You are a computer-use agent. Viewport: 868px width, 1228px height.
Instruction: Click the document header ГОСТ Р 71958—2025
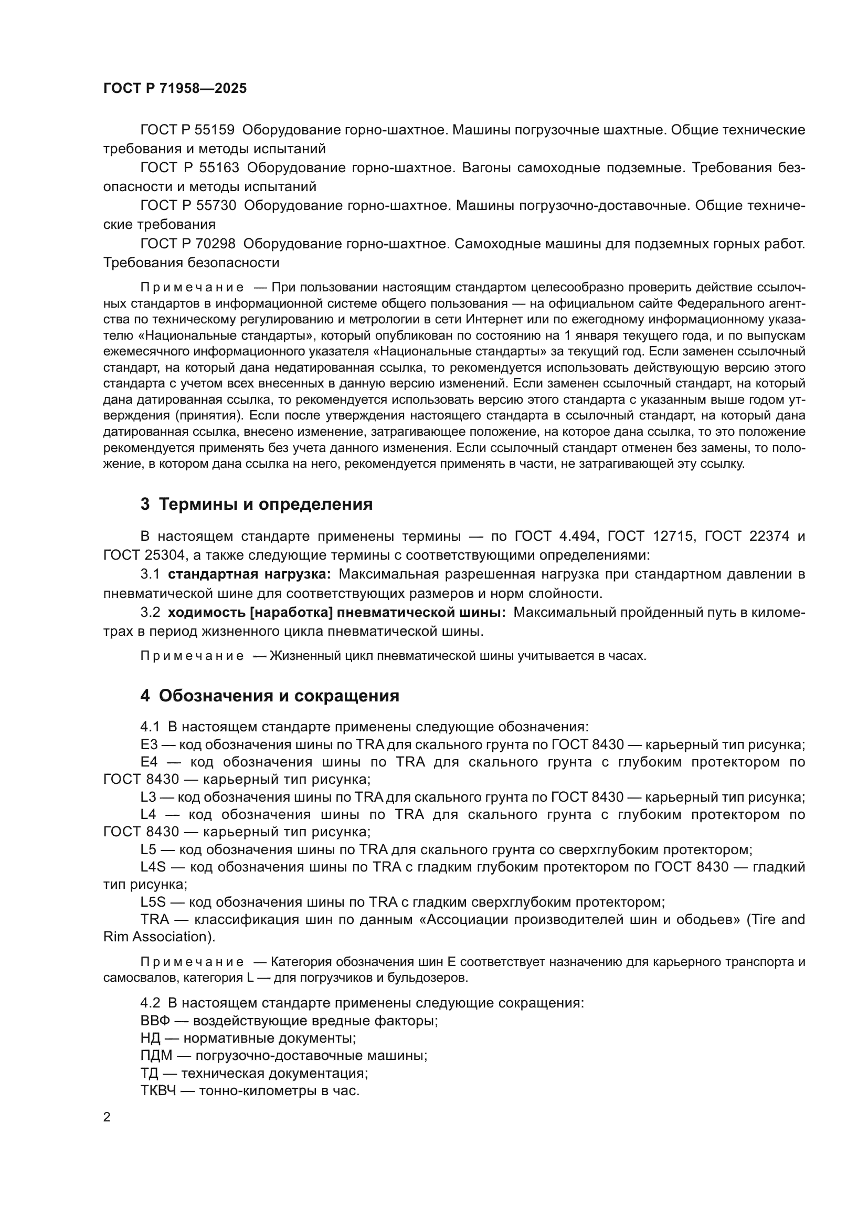pyautogui.click(x=175, y=88)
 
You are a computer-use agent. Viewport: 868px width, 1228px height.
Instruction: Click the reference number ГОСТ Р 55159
pyautogui.click(x=187, y=130)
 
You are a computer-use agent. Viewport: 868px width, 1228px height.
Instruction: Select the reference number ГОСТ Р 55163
pyautogui.click(x=189, y=168)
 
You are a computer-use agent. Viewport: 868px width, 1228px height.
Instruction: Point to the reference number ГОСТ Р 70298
pyautogui.click(x=187, y=244)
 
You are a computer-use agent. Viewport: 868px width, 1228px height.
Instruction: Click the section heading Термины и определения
pyautogui.click(x=266, y=504)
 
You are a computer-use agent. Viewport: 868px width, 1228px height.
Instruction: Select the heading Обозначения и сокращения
pyautogui.click(x=279, y=696)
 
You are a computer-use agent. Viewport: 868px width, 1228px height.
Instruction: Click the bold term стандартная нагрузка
pyautogui.click(x=249, y=574)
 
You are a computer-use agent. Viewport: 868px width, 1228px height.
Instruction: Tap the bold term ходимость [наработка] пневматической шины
pyautogui.click(x=336, y=612)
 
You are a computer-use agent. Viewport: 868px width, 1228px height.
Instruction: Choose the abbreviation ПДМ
pyautogui.click(x=155, y=1056)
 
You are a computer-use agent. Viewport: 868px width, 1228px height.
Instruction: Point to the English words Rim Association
pyautogui.click(x=154, y=937)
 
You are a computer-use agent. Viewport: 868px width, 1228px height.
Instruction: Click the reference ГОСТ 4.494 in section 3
pyautogui.click(x=555, y=537)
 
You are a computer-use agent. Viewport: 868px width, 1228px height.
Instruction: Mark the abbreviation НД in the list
pyautogui.click(x=149, y=1038)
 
